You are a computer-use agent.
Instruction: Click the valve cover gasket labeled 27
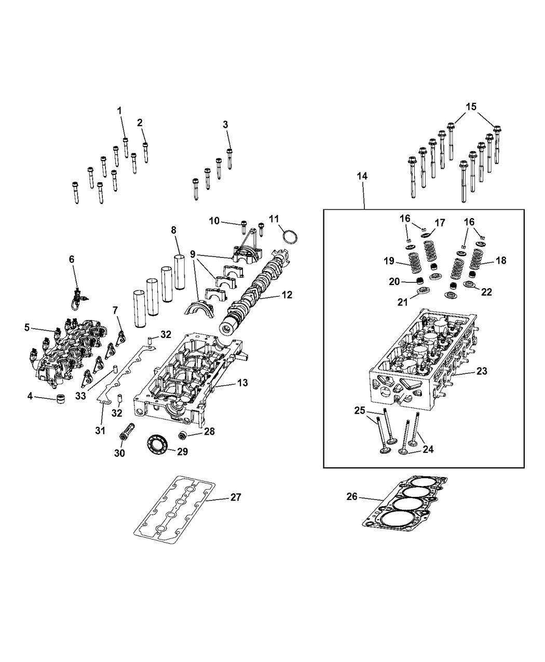(174, 509)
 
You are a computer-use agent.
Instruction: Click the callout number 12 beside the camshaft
(287, 295)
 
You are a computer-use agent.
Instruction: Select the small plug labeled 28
(183, 434)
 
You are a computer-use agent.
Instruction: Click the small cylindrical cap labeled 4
(62, 400)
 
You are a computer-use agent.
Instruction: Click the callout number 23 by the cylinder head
(482, 371)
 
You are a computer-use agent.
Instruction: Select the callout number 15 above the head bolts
(471, 106)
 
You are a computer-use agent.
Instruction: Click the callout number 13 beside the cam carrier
(242, 383)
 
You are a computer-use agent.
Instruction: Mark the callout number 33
(80, 396)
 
